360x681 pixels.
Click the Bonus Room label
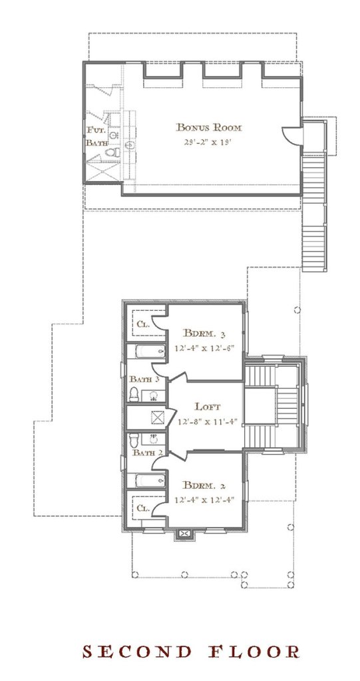click(x=208, y=128)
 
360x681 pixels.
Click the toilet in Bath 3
click(x=134, y=394)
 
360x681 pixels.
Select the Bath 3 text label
click(x=144, y=379)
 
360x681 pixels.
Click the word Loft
click(x=207, y=407)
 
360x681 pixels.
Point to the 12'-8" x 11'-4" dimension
click(x=207, y=421)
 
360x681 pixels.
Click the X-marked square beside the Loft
click(x=157, y=417)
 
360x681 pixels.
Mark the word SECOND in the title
click(x=137, y=652)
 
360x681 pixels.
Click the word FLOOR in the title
click(x=256, y=652)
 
